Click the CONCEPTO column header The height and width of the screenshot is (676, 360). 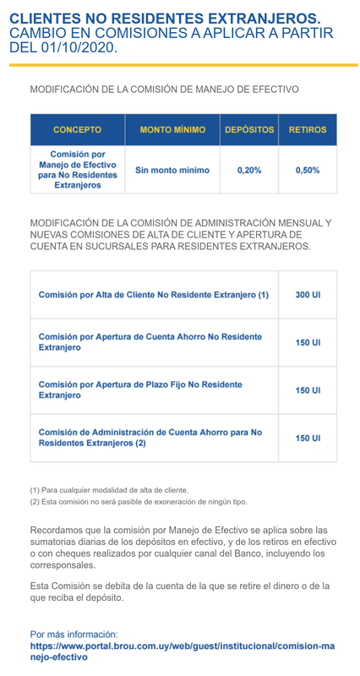(77, 130)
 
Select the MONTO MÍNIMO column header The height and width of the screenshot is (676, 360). (172, 130)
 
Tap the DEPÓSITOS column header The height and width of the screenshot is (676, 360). (249, 130)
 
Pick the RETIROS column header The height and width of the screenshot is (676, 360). (308, 130)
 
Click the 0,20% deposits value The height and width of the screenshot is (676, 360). (249, 170)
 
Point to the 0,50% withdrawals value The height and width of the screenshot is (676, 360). (308, 170)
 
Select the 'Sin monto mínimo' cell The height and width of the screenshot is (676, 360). (172, 170)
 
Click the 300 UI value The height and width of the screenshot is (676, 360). (308, 295)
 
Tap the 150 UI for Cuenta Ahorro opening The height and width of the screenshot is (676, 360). (308, 343)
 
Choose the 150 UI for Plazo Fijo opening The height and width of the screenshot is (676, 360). (308, 390)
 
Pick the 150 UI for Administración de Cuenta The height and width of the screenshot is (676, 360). (308, 439)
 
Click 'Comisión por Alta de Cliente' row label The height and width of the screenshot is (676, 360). (154, 295)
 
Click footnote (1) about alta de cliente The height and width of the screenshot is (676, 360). (109, 490)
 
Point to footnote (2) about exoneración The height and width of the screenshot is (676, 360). (139, 502)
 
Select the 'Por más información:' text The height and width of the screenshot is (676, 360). (74, 634)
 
